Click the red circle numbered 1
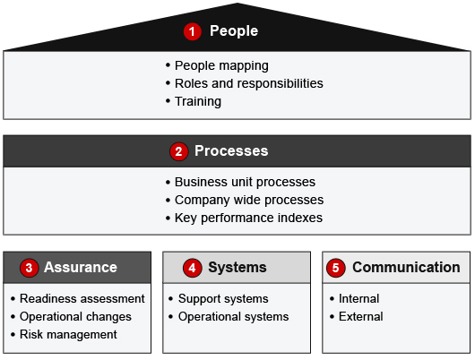coord(193,31)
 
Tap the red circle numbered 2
coord(178,151)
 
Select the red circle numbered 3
coord(29,268)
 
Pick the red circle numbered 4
coord(193,268)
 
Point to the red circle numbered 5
coord(336,268)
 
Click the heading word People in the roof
coord(234,30)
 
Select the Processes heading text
coord(231,150)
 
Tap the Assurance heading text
coord(81,268)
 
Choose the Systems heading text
coord(237,268)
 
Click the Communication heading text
coord(406,268)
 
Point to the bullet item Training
coord(198,101)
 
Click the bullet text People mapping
coord(221,65)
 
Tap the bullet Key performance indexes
coord(248,218)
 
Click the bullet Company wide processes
coord(249,200)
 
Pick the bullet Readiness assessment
coord(82,299)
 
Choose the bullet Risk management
coord(68,335)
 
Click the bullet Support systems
coord(223,299)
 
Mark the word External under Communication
coord(361,317)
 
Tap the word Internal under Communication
coord(359,299)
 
